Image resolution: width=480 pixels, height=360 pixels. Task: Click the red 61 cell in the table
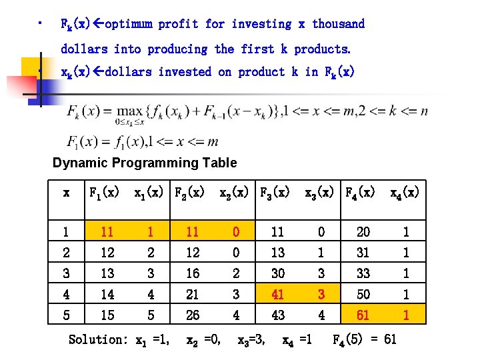[x=363, y=314]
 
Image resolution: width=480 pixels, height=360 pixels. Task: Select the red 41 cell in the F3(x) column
[x=277, y=293]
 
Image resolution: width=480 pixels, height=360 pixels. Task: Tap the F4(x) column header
[x=364, y=193]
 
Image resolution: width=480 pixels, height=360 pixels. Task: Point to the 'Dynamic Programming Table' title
[x=145, y=163]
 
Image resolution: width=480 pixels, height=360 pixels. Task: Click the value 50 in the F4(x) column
[x=363, y=293]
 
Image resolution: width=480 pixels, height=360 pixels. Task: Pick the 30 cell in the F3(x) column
[x=277, y=273]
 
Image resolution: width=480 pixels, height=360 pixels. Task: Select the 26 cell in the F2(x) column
[x=193, y=314]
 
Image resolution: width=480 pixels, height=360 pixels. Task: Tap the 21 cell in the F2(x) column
[x=193, y=293]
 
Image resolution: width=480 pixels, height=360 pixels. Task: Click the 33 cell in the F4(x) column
[x=363, y=273]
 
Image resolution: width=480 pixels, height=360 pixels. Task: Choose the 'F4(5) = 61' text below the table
[x=364, y=339]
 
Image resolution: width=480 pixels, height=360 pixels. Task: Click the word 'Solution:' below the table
[x=98, y=339]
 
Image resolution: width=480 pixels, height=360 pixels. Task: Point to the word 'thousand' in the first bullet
[x=338, y=24]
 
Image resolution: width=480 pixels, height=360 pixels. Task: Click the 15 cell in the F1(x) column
[x=107, y=314]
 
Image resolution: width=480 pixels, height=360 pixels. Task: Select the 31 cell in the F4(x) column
[x=363, y=252]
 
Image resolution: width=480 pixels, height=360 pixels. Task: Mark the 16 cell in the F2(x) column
[x=193, y=273]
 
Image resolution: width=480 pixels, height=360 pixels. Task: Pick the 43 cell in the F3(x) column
[x=277, y=314]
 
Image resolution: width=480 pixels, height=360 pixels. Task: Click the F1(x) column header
[x=105, y=193]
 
